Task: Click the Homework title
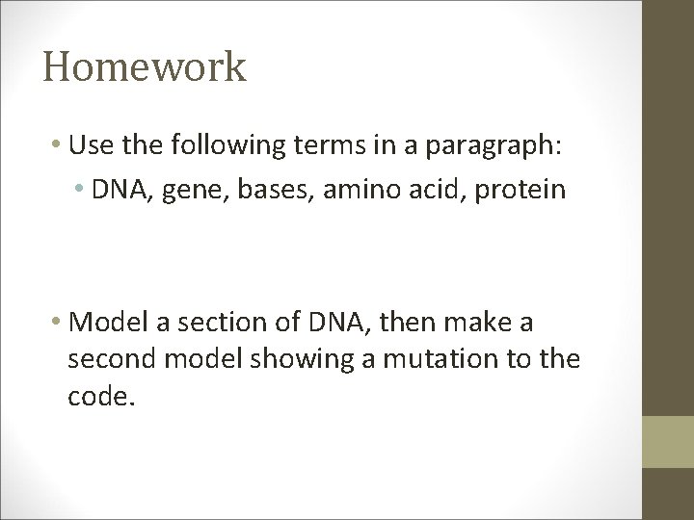(x=145, y=68)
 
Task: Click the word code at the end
(x=95, y=397)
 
